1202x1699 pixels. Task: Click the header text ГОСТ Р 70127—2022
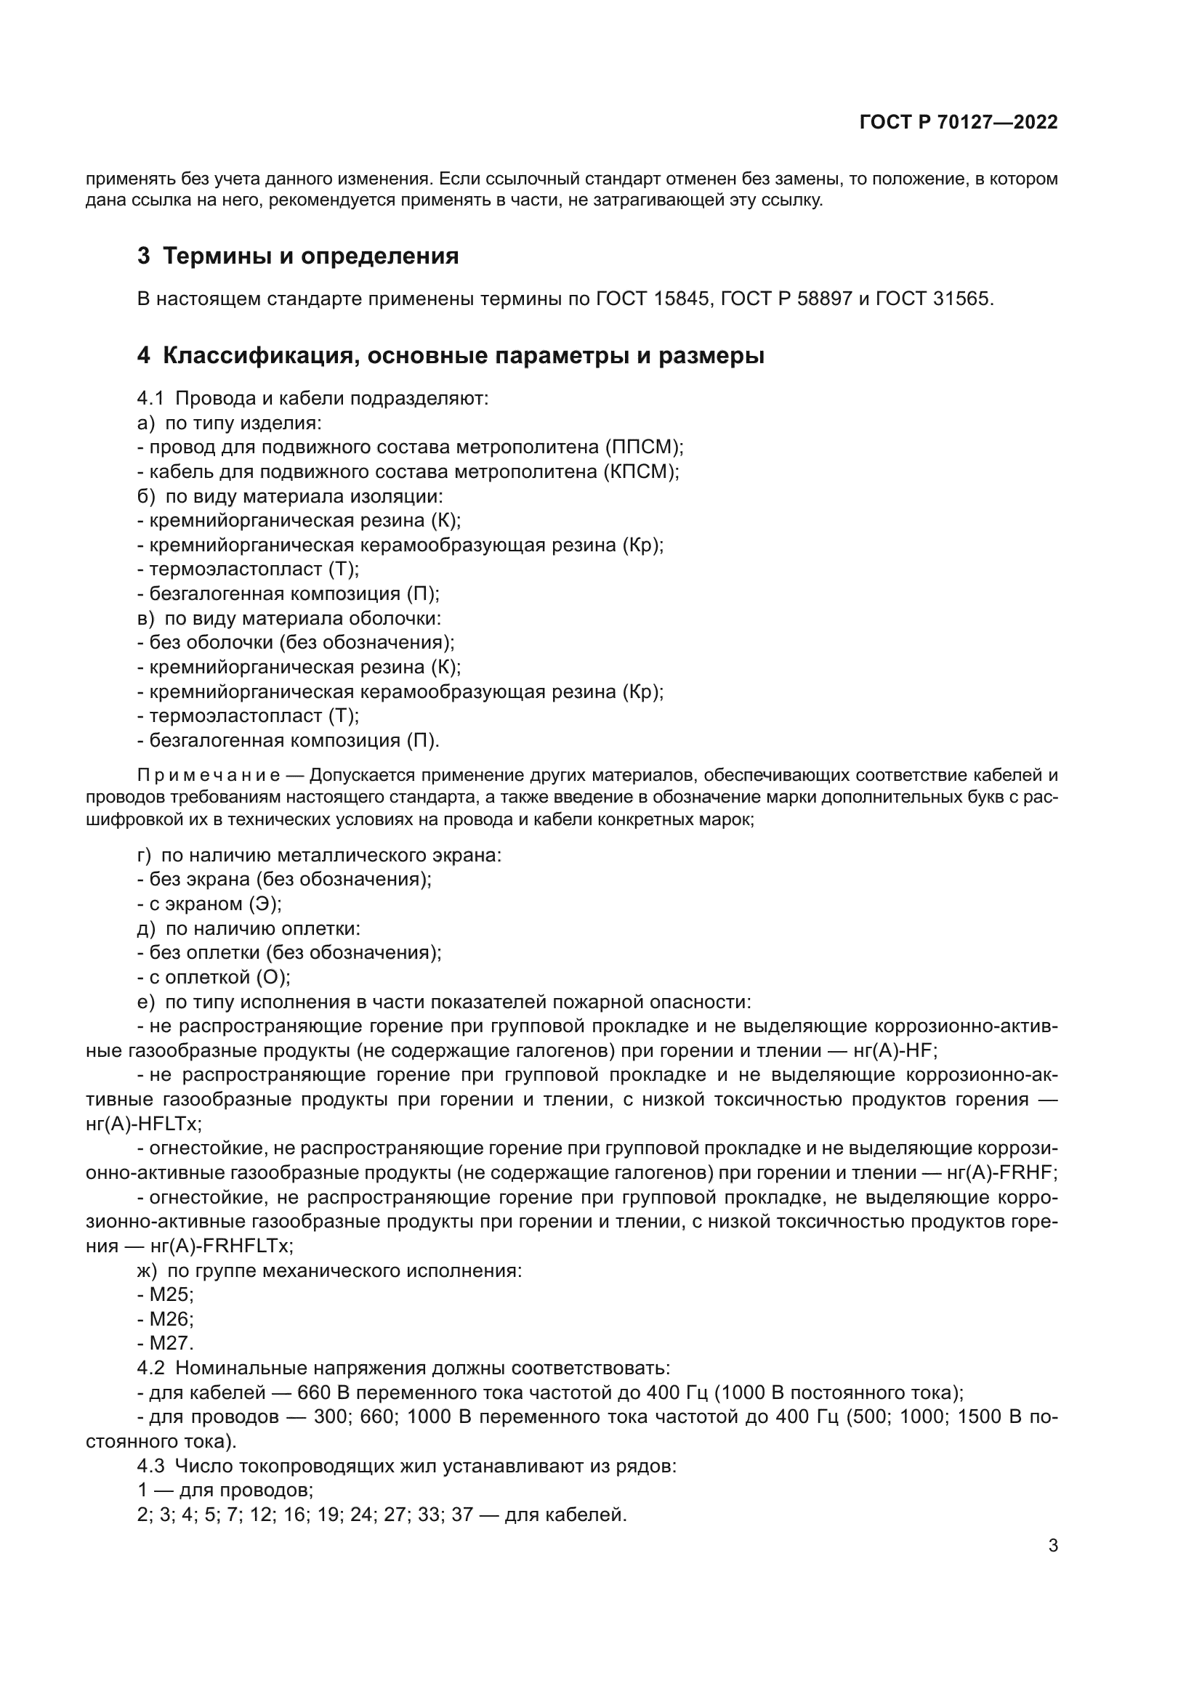pyautogui.click(x=958, y=122)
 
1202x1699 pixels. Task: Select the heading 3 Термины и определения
pyautogui.click(x=297, y=256)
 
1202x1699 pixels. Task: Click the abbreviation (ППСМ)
pyautogui.click(x=643, y=447)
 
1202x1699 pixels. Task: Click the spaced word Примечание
pyautogui.click(x=208, y=776)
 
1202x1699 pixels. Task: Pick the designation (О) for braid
pyautogui.click(x=273, y=978)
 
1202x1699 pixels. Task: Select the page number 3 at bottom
pyautogui.click(x=1052, y=1546)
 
